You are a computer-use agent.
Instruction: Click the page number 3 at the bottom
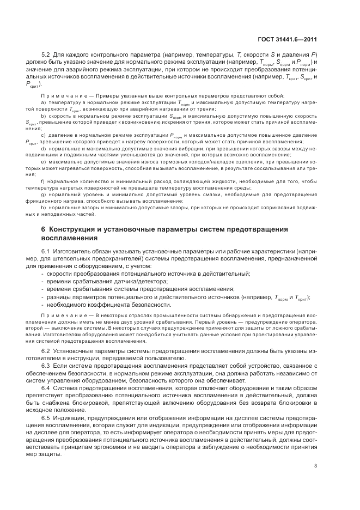(316, 465)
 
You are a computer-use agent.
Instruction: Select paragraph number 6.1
(46, 251)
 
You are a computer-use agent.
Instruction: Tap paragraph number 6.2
(46, 350)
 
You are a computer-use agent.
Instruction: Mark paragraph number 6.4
(46, 387)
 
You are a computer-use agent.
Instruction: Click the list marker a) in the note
(43, 102)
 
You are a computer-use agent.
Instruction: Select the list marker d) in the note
(43, 149)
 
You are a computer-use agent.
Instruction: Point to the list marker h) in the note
(43, 207)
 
